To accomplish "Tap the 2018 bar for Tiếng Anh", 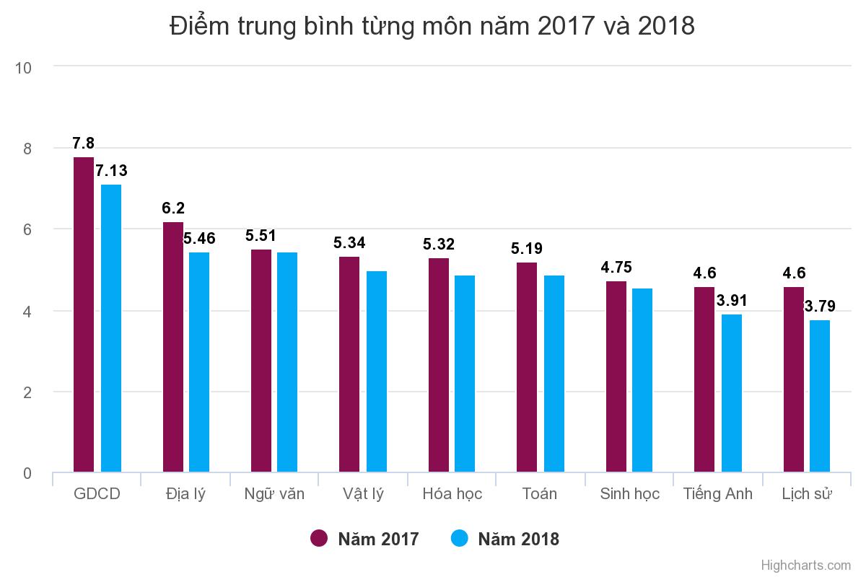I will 732,394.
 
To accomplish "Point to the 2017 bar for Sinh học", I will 616,377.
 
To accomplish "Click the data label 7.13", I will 111,171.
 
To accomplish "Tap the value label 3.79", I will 820,307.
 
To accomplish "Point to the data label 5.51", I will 261,236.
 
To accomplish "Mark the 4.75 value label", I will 616,268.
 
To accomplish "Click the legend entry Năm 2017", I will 365,539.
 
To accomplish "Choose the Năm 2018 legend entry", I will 505,539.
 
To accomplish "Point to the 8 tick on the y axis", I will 27,149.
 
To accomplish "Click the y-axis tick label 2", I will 27,392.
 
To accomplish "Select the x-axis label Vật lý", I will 363,494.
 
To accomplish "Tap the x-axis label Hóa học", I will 452,494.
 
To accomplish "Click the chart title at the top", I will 432,26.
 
